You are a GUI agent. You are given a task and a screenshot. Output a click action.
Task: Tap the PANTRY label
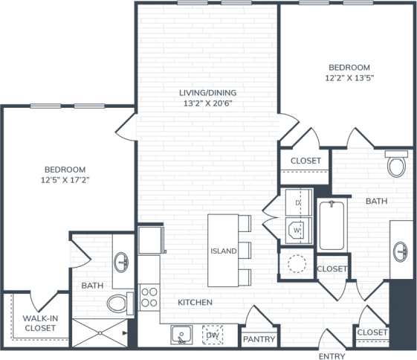click(259, 340)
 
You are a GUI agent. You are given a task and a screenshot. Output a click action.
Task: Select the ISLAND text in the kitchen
click(223, 251)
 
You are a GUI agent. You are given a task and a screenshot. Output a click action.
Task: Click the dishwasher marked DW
click(213, 335)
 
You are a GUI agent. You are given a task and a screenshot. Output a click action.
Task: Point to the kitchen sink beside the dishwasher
click(181, 335)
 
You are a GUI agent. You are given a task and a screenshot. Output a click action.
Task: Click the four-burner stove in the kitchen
click(149, 298)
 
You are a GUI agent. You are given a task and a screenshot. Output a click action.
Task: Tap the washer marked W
click(298, 231)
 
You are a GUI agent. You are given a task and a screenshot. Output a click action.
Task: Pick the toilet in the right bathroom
click(397, 164)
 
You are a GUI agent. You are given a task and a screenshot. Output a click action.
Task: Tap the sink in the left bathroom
click(123, 262)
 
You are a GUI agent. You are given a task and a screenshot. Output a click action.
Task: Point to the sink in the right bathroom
click(402, 251)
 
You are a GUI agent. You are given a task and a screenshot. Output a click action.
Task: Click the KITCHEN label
click(195, 303)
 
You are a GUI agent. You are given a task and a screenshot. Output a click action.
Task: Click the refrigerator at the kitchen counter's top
click(150, 240)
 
